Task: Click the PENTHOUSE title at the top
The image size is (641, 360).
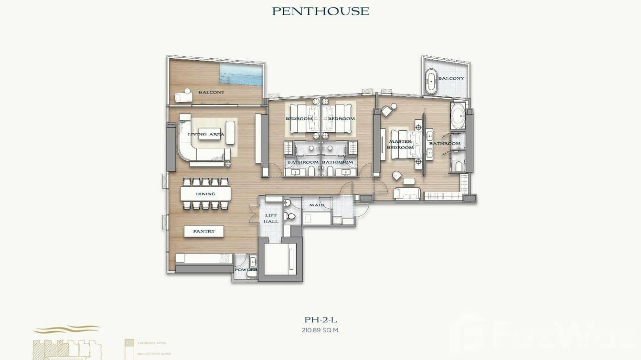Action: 320,11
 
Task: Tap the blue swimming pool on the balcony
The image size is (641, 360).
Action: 241,74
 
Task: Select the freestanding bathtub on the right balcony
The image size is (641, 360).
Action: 431,82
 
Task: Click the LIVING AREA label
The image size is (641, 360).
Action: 206,134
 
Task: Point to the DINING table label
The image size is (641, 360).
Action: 205,194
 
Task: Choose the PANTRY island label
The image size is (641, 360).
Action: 204,231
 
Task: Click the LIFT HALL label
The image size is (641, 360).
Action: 271,218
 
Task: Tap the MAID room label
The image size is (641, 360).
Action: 316,205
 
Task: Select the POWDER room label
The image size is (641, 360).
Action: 246,269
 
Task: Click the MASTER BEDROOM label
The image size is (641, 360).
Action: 400,144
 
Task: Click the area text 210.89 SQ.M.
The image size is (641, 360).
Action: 320,330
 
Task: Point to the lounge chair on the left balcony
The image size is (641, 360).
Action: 183,96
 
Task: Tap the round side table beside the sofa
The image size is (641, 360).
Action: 228,164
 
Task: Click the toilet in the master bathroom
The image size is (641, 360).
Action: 458,165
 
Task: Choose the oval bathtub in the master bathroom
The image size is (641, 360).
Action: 459,116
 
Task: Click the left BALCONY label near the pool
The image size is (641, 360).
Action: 211,92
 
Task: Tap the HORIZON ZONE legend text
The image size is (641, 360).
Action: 152,343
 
